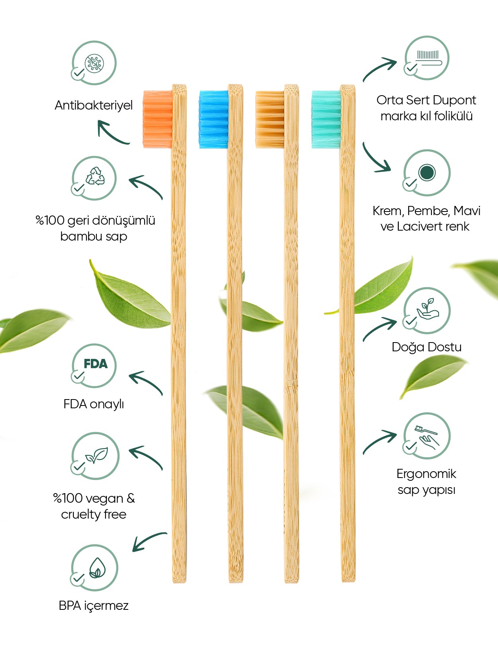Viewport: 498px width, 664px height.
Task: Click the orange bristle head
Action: (158, 119)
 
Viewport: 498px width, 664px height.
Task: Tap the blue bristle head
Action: (214, 119)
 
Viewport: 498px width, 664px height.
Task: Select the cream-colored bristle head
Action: (270, 119)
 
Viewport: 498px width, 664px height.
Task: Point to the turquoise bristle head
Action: (326, 119)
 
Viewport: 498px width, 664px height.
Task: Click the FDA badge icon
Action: (95, 364)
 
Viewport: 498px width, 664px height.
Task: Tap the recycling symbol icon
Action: (95, 176)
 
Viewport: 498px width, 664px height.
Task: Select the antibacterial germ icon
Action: (95, 63)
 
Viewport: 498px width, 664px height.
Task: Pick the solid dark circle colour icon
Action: (427, 172)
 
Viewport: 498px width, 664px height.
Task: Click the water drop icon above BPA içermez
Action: (96, 567)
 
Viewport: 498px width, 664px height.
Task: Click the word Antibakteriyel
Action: (94, 106)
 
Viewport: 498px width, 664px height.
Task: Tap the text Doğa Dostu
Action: (426, 347)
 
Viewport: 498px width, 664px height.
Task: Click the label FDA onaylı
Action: (94, 404)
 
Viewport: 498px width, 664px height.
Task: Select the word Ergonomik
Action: (426, 474)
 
